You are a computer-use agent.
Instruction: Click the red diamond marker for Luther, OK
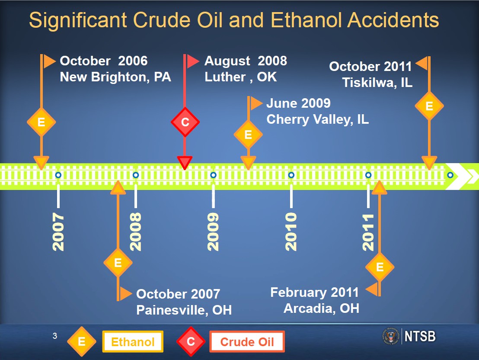pyautogui.click(x=185, y=122)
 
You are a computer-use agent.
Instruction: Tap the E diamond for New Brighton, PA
pyautogui.click(x=41, y=122)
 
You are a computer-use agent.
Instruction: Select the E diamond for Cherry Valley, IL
pyautogui.click(x=248, y=135)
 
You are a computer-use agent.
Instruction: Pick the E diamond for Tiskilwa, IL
pyautogui.click(x=429, y=106)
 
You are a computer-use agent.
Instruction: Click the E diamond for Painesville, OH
pyautogui.click(x=118, y=263)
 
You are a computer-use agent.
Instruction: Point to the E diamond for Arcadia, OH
pyautogui.click(x=380, y=267)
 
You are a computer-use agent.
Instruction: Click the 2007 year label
pyautogui.click(x=58, y=232)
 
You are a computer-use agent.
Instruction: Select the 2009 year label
pyautogui.click(x=213, y=232)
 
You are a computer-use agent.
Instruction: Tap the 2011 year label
pyautogui.click(x=368, y=232)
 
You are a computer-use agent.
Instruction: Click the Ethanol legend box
pyautogui.click(x=133, y=342)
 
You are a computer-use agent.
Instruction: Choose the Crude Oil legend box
pyautogui.click(x=247, y=342)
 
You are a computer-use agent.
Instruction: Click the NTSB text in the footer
pyautogui.click(x=420, y=337)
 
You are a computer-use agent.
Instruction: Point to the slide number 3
pyautogui.click(x=55, y=336)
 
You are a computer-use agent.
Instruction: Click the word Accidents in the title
pyautogui.click(x=393, y=20)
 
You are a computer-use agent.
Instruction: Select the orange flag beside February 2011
pyautogui.click(x=372, y=289)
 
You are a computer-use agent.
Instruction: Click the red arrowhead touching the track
pyautogui.click(x=185, y=163)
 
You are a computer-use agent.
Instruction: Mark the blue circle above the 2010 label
pyautogui.click(x=291, y=175)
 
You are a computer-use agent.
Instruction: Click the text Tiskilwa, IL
pyautogui.click(x=377, y=82)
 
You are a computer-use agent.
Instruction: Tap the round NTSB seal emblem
pyautogui.click(x=391, y=337)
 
